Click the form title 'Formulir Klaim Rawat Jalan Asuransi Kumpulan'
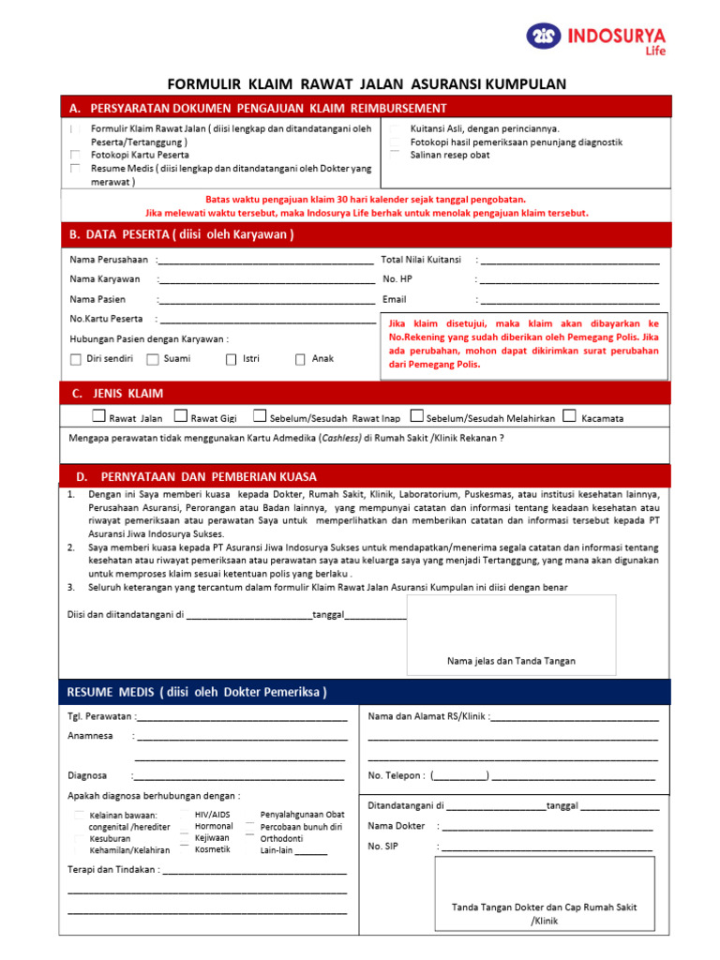tap(367, 84)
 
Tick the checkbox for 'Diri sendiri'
tap(76, 359)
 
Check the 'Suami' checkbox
tap(153, 359)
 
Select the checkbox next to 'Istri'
tap(231, 359)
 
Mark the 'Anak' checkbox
tap(300, 359)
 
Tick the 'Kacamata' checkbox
tap(570, 416)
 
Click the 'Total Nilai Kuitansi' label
tap(421, 259)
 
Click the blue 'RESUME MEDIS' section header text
tap(197, 693)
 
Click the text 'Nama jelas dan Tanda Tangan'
tap(511, 661)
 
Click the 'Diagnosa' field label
tap(87, 775)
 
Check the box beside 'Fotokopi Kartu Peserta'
tap(75, 155)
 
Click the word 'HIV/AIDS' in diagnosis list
tap(212, 815)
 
